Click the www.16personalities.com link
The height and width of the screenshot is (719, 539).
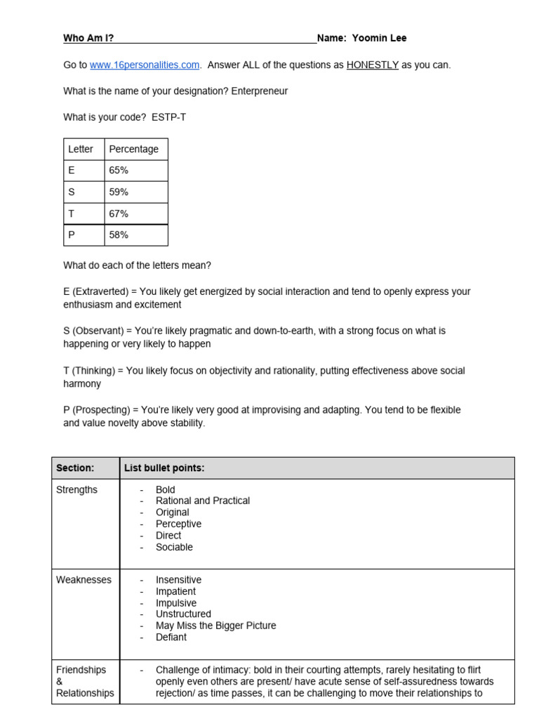(145, 65)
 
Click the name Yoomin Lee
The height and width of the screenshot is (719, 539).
(380, 38)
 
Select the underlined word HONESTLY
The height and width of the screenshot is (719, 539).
(372, 65)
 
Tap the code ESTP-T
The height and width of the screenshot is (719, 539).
(169, 117)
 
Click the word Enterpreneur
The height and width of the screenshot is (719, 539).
(260, 91)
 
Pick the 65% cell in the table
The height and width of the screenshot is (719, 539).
(119, 171)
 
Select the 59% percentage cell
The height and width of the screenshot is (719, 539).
(119, 192)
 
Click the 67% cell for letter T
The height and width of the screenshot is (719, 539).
(119, 213)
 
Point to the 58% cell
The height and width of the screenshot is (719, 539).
(119, 235)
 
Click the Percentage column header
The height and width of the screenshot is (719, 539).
(134, 149)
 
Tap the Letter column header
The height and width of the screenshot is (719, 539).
(80, 149)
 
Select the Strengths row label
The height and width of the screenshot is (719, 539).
(76, 490)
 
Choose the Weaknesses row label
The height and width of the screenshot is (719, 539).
(84, 580)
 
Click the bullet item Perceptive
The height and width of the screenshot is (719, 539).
(178, 524)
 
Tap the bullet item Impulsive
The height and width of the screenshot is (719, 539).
(176, 603)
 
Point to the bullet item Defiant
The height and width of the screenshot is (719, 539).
(171, 637)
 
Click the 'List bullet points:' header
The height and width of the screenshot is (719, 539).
(164, 468)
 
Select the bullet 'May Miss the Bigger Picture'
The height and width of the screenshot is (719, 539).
(215, 626)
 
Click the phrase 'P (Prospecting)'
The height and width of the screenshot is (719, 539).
(96, 409)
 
